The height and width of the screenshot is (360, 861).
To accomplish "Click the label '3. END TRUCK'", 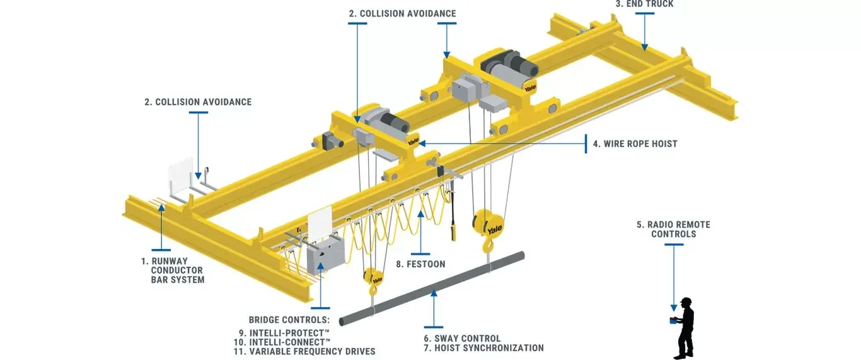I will click(645, 4).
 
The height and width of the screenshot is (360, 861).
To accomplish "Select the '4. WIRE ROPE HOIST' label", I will click(634, 144).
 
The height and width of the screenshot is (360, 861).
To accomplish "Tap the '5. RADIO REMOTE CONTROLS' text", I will click(673, 229).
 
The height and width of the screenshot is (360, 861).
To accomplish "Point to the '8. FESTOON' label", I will click(420, 264).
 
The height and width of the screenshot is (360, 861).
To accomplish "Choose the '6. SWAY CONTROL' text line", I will click(462, 339).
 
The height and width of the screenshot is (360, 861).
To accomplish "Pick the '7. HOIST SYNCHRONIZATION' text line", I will click(483, 348).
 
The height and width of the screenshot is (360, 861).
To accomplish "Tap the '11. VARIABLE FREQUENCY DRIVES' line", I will click(304, 351).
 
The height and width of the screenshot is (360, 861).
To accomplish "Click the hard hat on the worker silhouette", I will click(686, 301).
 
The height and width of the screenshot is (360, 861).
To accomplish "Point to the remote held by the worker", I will click(673, 320).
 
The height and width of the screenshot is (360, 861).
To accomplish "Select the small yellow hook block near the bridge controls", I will click(373, 277).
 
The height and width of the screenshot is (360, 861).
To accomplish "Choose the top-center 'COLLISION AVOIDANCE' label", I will click(403, 13).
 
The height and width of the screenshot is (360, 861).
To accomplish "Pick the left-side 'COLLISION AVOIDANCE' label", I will click(198, 102).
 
